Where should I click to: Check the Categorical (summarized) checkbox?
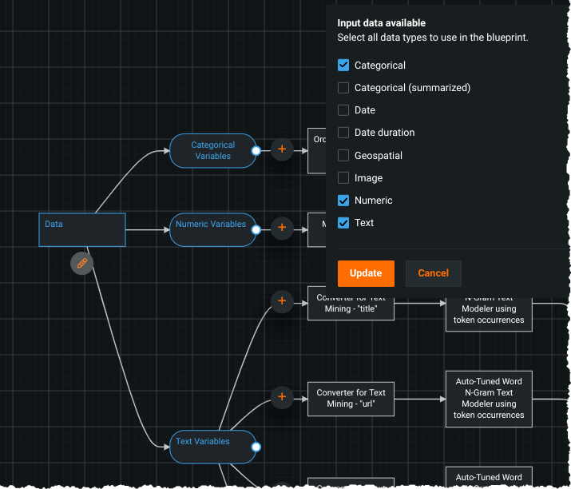point(343,88)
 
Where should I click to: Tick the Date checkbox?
point(343,110)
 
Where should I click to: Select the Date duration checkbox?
point(343,133)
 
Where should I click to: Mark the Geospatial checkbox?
point(343,156)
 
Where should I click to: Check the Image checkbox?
point(343,178)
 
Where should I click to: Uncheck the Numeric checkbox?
point(343,201)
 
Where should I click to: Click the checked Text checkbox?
point(343,223)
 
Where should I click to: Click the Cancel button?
point(433,273)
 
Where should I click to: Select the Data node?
point(82,230)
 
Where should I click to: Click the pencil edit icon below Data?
point(81,263)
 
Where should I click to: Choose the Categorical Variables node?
point(212,151)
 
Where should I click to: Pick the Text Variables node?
point(212,447)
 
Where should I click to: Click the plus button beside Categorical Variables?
point(282,149)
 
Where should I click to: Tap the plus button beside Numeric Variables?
point(282,228)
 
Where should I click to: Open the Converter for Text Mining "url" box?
point(351,398)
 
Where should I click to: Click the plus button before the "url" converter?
point(282,396)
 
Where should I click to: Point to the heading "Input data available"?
point(381,23)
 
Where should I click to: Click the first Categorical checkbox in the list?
point(343,66)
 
